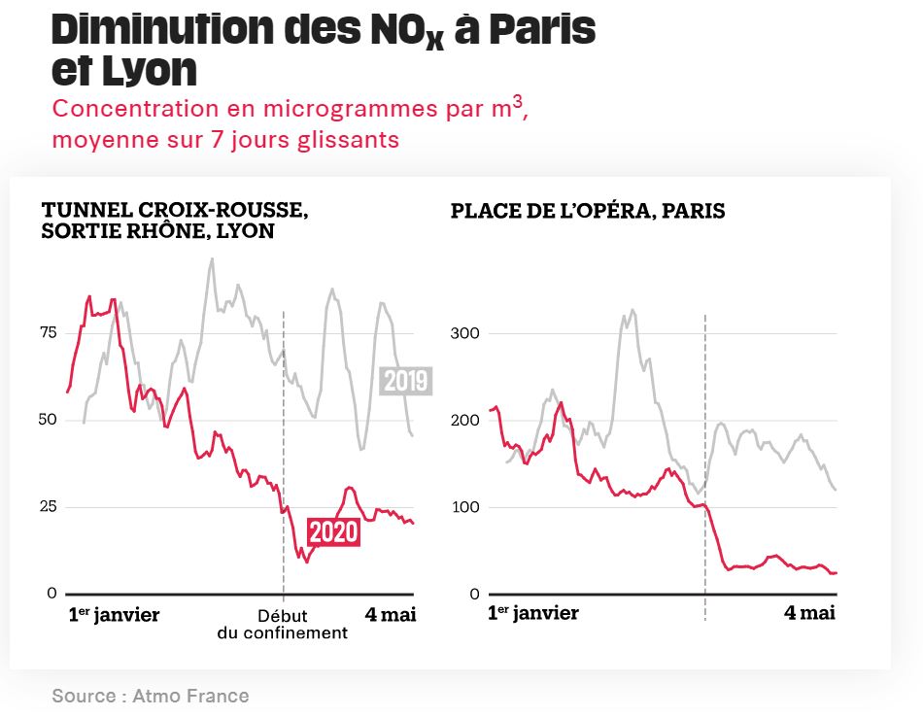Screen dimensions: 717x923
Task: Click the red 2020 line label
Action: point(333,532)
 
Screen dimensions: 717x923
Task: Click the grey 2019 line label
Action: point(405,381)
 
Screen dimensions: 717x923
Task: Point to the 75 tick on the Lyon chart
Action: point(48,333)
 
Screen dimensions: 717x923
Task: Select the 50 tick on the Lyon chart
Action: point(48,420)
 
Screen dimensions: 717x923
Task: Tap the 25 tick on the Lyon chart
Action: point(48,507)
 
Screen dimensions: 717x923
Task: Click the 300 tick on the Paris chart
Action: point(466,333)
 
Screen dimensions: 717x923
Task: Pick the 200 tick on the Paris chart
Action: point(466,420)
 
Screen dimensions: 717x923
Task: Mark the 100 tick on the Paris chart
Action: point(466,507)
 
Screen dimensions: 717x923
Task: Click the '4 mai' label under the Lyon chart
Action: point(391,614)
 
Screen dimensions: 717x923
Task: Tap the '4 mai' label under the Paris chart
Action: point(810,614)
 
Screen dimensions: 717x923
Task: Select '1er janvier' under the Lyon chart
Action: point(114,614)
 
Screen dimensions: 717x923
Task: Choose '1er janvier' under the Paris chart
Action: point(532,614)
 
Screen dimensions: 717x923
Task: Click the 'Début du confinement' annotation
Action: point(282,624)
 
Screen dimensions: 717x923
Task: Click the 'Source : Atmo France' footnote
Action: point(151,696)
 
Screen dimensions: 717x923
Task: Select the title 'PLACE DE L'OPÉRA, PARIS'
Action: point(587,211)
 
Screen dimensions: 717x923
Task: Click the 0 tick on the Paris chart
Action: point(473,594)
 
